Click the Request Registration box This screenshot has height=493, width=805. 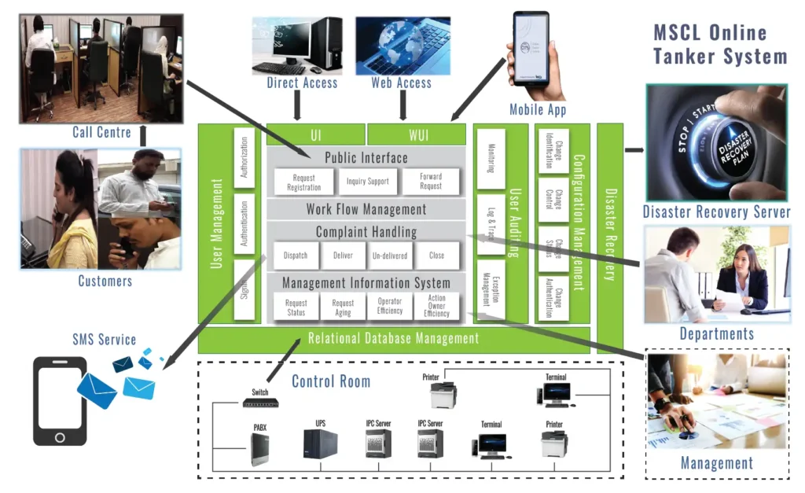tap(303, 182)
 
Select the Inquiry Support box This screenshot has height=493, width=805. tap(367, 182)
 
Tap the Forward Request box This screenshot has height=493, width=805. tap(430, 182)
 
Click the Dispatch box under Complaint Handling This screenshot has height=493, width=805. tap(296, 256)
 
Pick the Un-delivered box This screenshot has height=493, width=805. tap(390, 256)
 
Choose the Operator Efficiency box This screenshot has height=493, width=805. tap(390, 307)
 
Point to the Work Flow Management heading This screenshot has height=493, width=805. tap(366, 209)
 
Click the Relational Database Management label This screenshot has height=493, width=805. tap(393, 339)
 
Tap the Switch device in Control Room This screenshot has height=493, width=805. tap(260, 403)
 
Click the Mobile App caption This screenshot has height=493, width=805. tap(538, 109)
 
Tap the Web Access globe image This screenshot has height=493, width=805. tap(402, 45)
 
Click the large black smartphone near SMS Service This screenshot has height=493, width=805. tap(60, 401)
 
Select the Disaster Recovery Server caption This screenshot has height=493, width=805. tap(716, 212)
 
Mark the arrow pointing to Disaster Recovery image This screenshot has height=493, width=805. tap(633, 148)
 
